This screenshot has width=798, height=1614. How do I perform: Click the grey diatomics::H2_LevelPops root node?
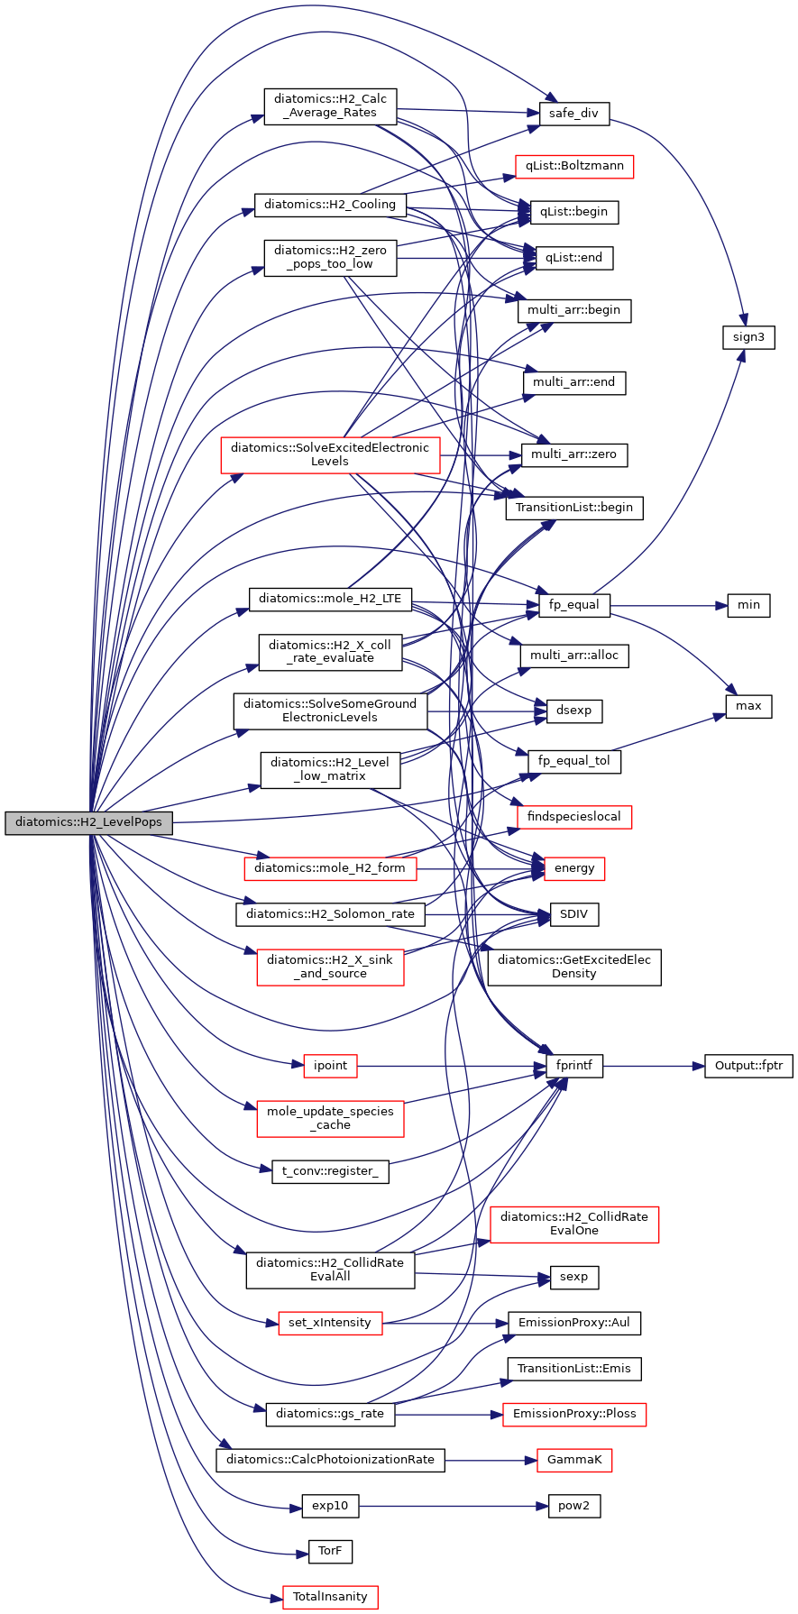tap(88, 822)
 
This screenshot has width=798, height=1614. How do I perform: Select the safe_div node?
tap(573, 114)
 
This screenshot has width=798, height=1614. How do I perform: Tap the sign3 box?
tap(748, 337)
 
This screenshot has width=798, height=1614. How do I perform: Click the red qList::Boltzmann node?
tap(574, 166)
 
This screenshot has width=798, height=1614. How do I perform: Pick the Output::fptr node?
tap(748, 1066)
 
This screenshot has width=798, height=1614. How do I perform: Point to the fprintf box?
tap(574, 1066)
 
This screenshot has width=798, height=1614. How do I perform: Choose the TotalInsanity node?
tap(330, 1596)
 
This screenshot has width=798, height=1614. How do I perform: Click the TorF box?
tap(330, 1551)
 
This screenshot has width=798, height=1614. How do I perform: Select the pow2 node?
tap(574, 1506)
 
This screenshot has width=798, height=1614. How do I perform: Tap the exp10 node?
tap(330, 1506)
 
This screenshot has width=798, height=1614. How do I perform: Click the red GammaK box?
tap(574, 1460)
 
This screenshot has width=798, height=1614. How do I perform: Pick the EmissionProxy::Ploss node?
tap(574, 1414)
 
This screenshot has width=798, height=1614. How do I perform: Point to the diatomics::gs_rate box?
tap(330, 1414)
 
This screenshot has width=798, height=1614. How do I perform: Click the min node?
tap(748, 605)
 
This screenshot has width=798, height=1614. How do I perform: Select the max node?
tap(748, 706)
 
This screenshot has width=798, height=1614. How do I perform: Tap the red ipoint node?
tap(330, 1066)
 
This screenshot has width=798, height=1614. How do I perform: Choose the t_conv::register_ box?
tap(330, 1171)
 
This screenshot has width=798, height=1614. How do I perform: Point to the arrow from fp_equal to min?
tap(668, 605)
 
